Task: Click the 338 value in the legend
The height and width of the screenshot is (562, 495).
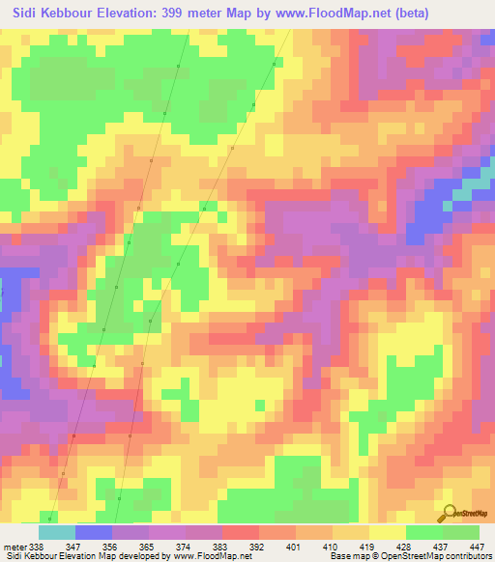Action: pos(35,546)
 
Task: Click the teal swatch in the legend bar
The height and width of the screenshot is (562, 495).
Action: pos(57,532)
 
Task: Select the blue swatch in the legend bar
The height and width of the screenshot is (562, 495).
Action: pos(94,532)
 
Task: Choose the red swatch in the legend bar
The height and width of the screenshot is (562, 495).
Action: pos(241,532)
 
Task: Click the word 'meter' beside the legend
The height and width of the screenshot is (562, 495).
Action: pos(13,546)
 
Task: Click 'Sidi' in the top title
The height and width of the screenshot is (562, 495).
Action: pos(21,12)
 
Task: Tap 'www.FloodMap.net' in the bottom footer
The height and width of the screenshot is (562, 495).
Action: pos(192,556)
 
